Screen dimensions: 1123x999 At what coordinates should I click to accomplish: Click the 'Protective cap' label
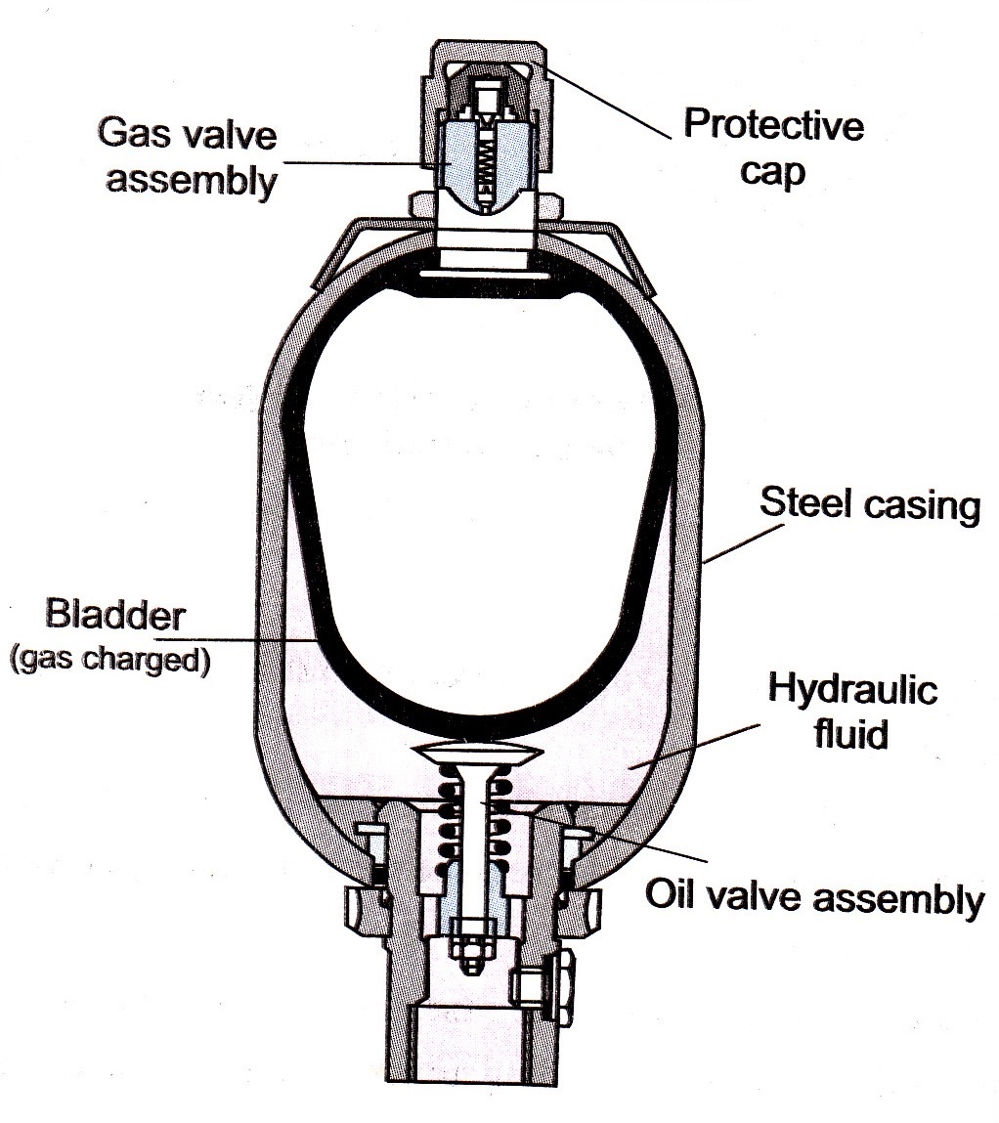click(772, 148)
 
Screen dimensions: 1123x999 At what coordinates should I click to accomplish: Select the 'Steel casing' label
click(869, 506)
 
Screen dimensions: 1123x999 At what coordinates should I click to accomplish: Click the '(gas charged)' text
click(109, 661)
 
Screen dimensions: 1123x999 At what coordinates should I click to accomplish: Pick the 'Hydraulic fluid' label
click(851, 711)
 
